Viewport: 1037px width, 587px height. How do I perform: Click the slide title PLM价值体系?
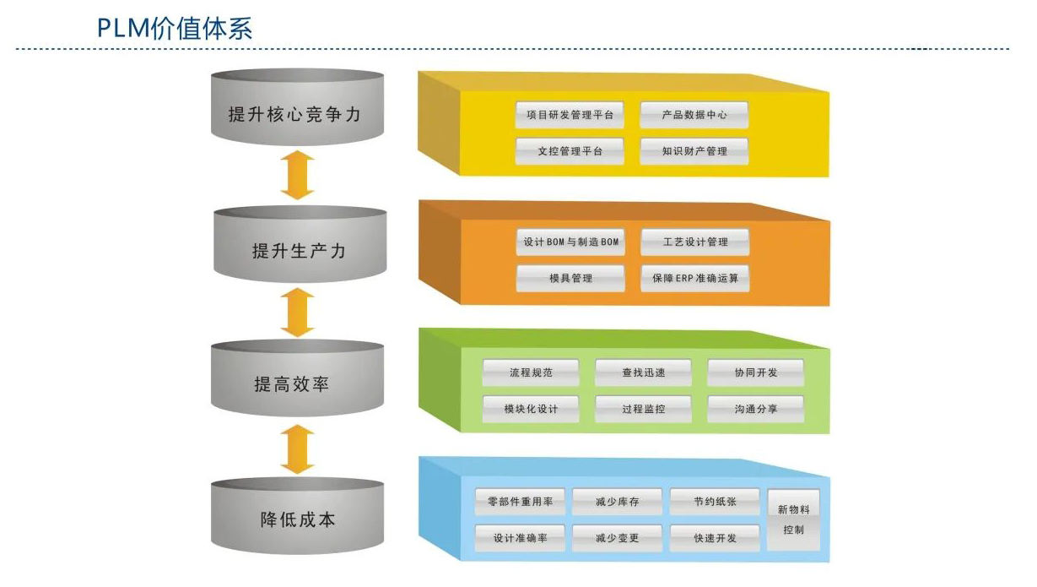tap(175, 27)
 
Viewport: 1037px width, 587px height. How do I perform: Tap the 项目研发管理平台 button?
tap(570, 115)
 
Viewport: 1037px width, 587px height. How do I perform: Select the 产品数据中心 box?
tap(694, 115)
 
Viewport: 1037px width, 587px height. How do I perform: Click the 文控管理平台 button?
tap(570, 151)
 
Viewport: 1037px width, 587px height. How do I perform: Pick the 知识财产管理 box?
tap(694, 151)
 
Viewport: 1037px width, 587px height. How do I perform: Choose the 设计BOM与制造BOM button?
tap(570, 242)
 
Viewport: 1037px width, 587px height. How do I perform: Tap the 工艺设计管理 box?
tap(695, 242)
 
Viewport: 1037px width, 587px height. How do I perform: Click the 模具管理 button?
tap(570, 278)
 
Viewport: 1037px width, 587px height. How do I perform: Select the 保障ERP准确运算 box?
tap(695, 278)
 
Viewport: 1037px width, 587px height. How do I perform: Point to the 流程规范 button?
tap(531, 372)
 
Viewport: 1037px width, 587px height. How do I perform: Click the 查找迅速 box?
tap(643, 372)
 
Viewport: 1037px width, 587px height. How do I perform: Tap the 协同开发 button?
tap(755, 372)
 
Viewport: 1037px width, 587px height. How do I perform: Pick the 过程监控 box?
tap(643, 409)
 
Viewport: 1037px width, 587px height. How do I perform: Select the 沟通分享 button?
tap(755, 409)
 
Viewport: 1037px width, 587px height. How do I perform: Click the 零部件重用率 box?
tap(520, 502)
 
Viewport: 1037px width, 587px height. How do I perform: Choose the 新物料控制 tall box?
tap(793, 519)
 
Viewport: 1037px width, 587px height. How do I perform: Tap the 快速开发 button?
tap(715, 538)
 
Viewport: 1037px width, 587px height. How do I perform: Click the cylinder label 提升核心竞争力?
tap(296, 114)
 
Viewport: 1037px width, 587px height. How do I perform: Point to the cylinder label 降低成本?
tap(298, 519)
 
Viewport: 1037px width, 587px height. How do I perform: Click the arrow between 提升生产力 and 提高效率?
tap(297, 313)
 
